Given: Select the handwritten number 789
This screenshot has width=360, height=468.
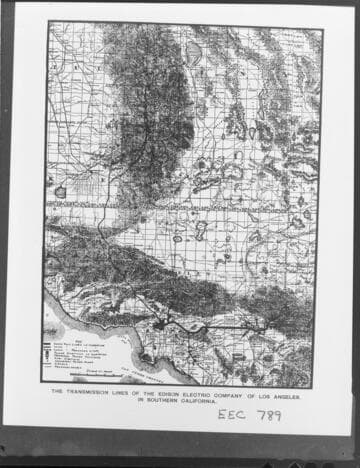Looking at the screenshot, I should point(268,415).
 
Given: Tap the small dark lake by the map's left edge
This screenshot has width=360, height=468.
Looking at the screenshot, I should point(60,191).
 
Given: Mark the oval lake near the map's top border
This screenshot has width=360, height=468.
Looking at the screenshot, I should point(193,51).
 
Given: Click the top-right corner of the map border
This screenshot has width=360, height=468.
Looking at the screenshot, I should point(322,28).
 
